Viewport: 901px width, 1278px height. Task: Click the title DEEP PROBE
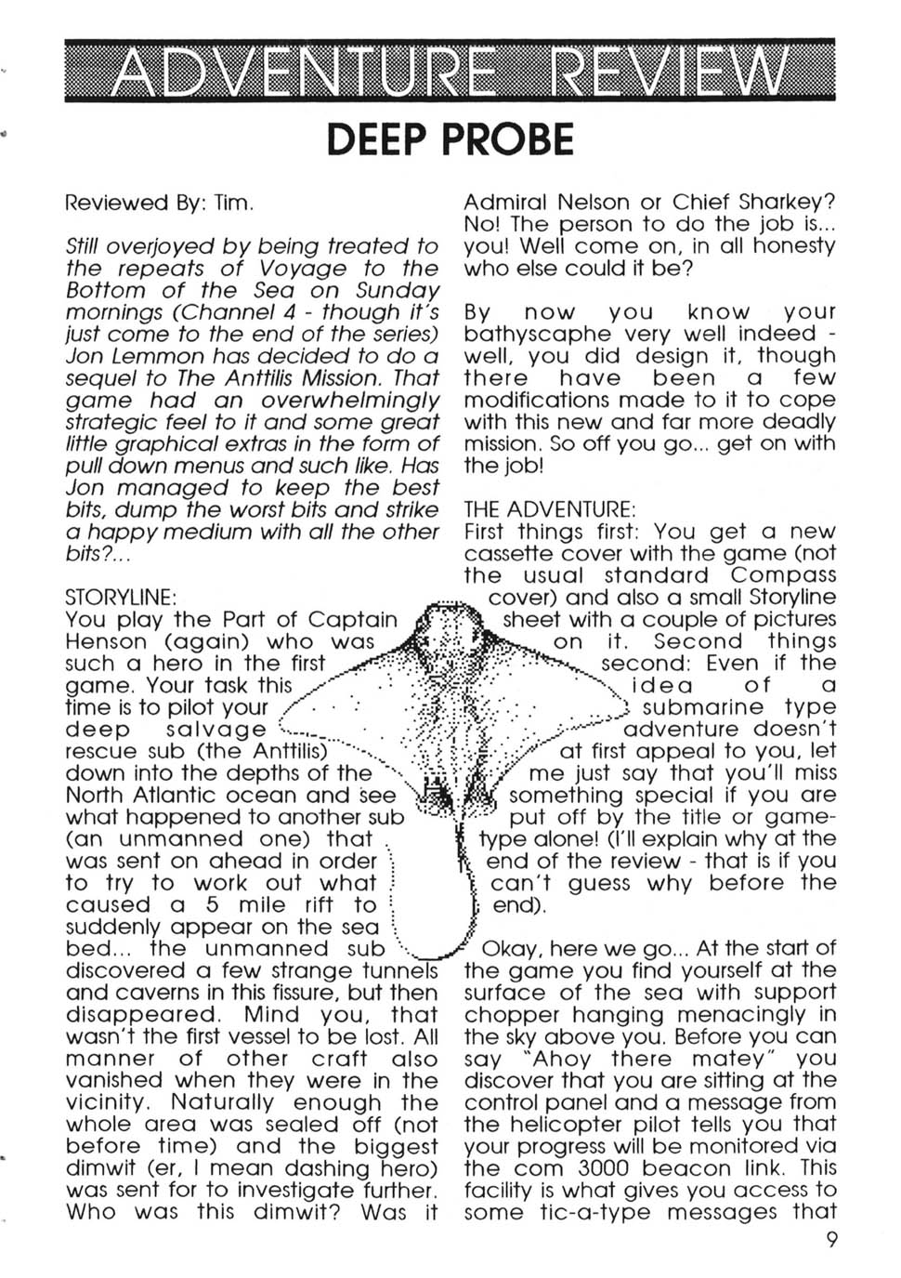[450, 139]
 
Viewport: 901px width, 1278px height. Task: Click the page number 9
[829, 1241]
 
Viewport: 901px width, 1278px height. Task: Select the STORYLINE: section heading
[121, 596]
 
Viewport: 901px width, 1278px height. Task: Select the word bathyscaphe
[537, 334]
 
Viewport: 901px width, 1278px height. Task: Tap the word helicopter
[549, 1125]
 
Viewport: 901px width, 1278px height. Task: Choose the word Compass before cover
[783, 575]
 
